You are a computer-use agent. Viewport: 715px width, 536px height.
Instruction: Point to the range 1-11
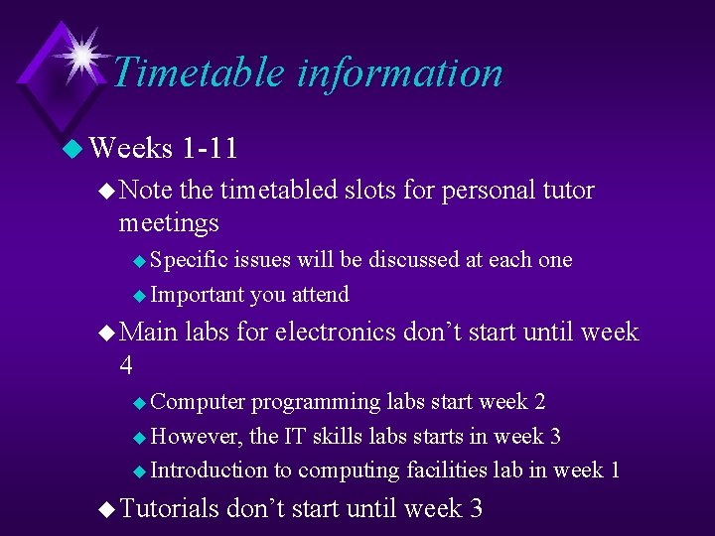(210, 149)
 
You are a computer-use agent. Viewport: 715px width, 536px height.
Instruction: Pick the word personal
(473, 190)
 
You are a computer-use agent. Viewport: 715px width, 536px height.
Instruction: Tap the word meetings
(169, 223)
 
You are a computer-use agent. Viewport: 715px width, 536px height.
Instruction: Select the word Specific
(189, 260)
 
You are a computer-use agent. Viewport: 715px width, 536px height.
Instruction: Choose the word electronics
(336, 332)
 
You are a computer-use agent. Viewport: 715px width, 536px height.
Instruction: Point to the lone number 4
(126, 365)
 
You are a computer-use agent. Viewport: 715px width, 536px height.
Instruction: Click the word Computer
(198, 402)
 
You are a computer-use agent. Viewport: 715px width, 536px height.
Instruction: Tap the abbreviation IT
(295, 437)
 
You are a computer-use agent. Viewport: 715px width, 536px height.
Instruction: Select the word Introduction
(209, 470)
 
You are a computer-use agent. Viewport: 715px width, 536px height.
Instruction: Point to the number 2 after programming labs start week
(539, 402)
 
